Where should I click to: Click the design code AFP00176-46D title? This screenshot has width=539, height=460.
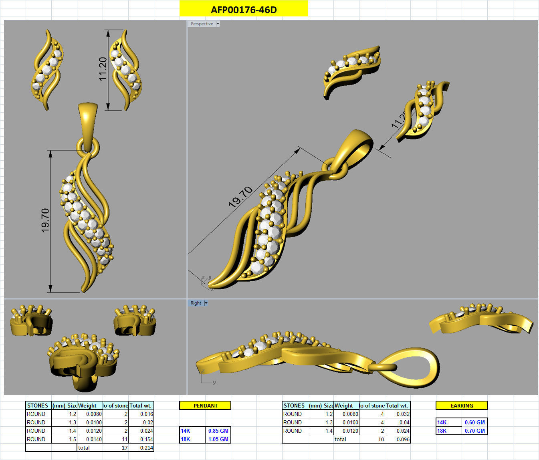point(244,10)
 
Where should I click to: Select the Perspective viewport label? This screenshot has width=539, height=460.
point(202,24)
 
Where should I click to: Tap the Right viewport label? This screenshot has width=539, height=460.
point(196,303)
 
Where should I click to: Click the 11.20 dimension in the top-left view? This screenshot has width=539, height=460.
point(103,69)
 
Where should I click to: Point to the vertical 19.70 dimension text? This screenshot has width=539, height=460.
point(45,220)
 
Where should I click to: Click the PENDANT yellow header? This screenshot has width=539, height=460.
point(205,406)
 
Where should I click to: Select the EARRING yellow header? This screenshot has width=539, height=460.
point(462,406)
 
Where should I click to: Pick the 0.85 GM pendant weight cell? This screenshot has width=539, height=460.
point(218,431)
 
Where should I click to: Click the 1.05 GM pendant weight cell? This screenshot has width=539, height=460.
point(218,439)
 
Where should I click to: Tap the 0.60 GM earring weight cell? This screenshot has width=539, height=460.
point(474,422)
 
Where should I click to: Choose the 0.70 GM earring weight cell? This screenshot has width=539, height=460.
point(474,431)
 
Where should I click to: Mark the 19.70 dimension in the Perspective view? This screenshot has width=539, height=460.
point(240,197)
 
